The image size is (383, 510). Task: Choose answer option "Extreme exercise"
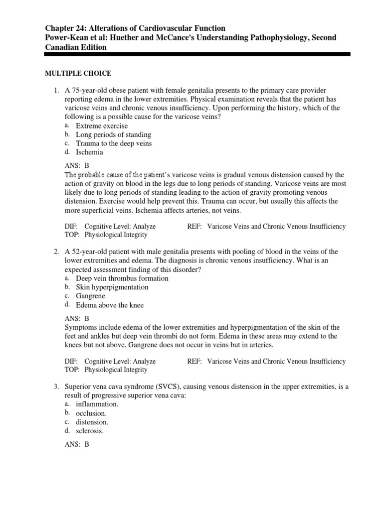click(102, 126)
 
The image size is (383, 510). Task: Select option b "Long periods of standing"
click(113, 134)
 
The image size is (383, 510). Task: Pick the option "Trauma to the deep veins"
click(114, 143)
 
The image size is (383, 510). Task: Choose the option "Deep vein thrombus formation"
click(122, 278)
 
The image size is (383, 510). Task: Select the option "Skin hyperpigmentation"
click(112, 287)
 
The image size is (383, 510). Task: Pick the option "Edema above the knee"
click(110, 305)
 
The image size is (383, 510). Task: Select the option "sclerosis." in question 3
click(90, 431)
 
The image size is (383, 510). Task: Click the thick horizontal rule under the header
click(197, 54)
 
